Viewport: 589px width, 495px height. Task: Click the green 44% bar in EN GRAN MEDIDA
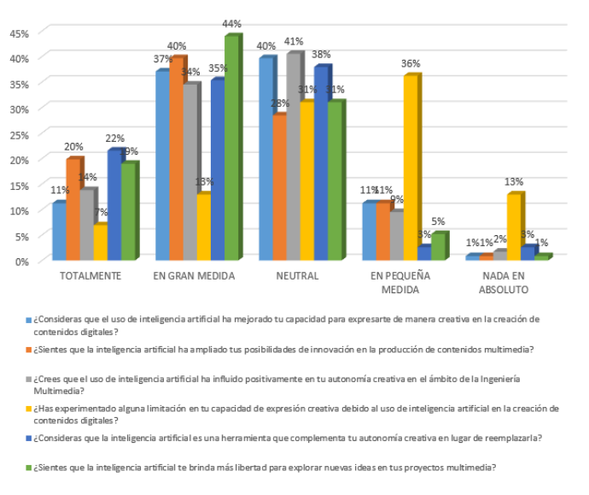point(231,150)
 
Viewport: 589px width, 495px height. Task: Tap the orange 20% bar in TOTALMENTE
point(73,209)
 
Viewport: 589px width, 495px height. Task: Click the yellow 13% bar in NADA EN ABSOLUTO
point(514,227)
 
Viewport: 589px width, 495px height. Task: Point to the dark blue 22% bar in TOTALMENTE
point(114,205)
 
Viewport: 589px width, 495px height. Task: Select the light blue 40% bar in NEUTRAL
point(266,159)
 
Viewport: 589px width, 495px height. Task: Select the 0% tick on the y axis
point(22,261)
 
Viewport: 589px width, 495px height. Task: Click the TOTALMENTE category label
point(90,276)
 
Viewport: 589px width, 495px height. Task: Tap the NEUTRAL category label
point(297,276)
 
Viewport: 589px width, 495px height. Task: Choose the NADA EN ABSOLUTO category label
point(507,283)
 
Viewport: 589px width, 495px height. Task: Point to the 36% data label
point(411,64)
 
